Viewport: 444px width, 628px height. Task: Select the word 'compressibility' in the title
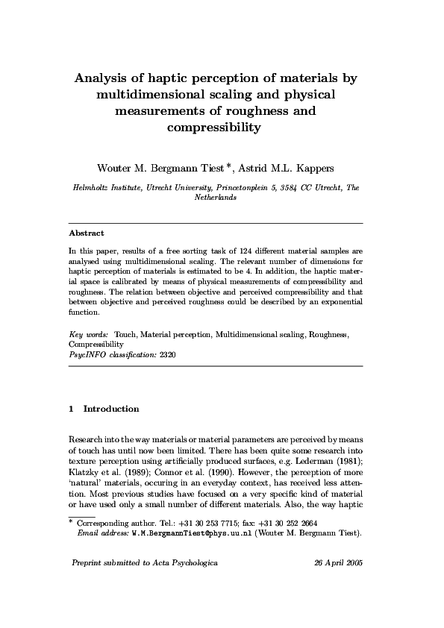tap(215, 128)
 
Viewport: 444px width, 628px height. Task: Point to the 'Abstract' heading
tap(87, 233)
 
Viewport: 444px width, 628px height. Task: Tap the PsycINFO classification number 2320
tap(168, 356)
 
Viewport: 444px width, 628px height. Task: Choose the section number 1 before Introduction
tap(71, 409)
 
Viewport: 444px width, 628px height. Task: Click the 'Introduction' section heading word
tap(111, 409)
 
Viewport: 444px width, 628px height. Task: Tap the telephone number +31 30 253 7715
tap(203, 524)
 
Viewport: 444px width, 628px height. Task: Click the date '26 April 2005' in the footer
tap(340, 583)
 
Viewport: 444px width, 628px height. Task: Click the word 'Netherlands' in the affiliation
tap(216, 199)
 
